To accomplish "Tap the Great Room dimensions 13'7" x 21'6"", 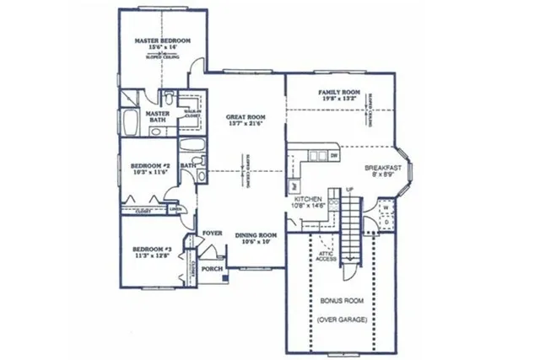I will pos(245,123).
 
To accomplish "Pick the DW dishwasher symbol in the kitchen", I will pos(334,155).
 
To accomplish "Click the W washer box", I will pos(384,207).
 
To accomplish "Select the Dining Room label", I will pos(256,235).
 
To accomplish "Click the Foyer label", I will pos(212,232).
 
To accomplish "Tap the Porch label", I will pos(213,269).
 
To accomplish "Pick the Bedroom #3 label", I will pos(152,250).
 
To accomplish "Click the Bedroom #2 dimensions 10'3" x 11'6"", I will pos(148,171).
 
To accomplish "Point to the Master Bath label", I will pos(158,116).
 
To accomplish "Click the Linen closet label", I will pos(175,208).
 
